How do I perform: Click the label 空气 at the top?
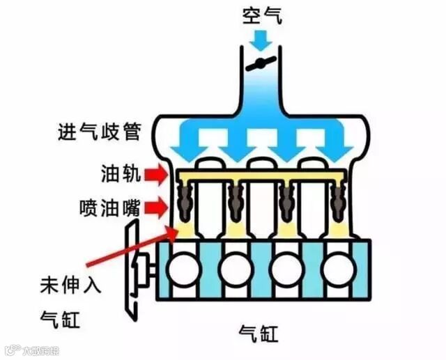pos(262,15)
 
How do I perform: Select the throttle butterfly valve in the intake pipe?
pos(261,64)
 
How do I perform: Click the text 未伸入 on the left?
pos(66,285)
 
